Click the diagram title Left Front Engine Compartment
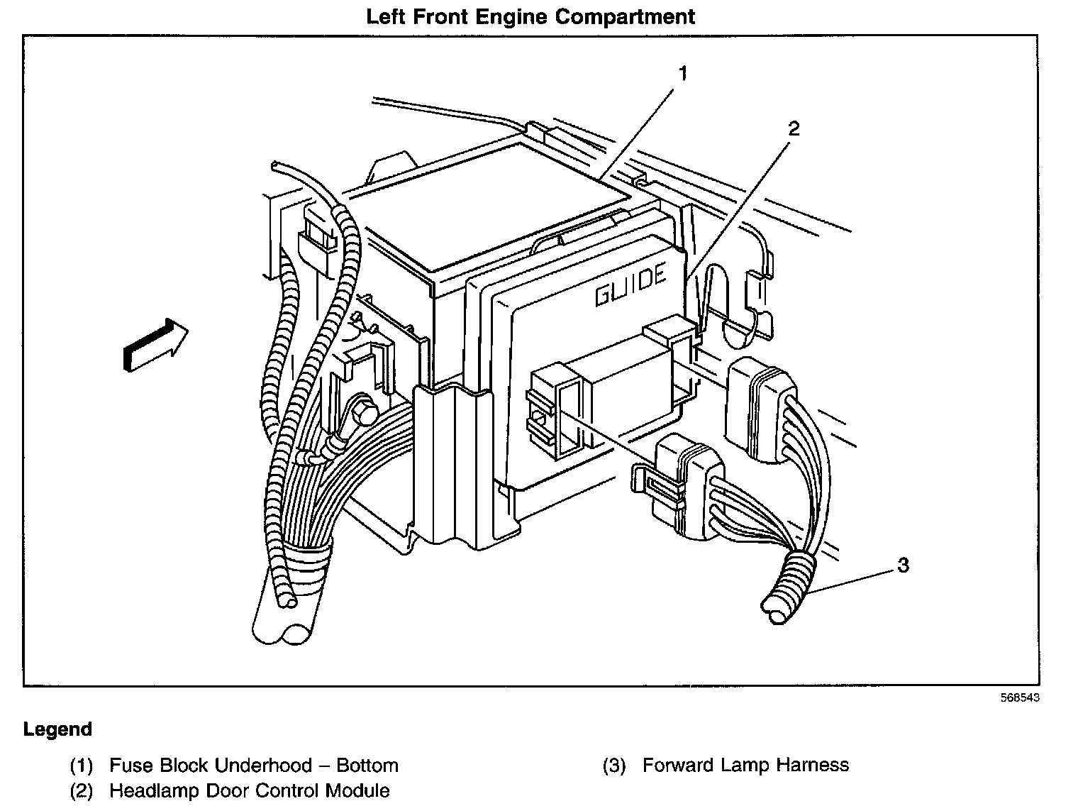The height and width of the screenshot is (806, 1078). click(530, 16)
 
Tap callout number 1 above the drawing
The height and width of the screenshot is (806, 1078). click(682, 72)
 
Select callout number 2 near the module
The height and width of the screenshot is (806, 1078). click(794, 128)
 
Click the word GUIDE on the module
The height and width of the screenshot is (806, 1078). click(630, 285)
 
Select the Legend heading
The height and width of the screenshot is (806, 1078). click(57, 729)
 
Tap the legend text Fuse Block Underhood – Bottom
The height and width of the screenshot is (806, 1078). click(253, 766)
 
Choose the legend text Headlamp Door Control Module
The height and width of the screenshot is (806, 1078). click(249, 790)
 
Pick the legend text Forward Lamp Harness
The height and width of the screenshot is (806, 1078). click(745, 765)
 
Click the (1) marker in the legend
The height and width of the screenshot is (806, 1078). click(82, 766)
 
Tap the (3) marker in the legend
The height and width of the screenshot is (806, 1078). click(614, 766)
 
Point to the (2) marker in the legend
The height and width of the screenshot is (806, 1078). click(82, 790)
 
